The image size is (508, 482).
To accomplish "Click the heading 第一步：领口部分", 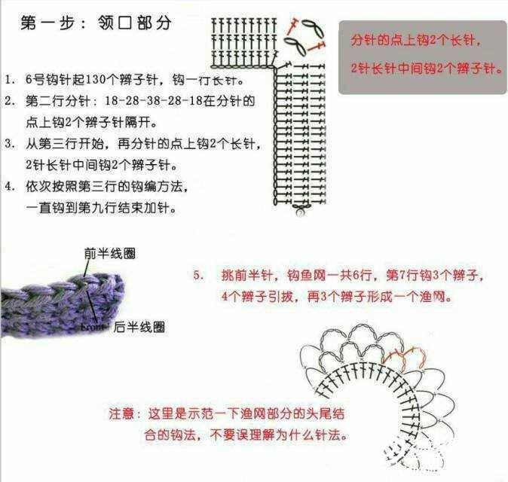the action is (x=96, y=23).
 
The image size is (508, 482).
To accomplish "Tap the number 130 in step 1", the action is (x=96, y=80).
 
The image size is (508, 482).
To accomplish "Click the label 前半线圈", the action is (x=109, y=254).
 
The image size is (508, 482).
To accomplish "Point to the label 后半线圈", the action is (x=139, y=328).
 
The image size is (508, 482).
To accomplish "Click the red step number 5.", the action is (x=198, y=275).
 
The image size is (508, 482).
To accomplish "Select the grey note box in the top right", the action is (x=423, y=58).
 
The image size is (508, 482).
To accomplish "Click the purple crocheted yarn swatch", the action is (x=63, y=305).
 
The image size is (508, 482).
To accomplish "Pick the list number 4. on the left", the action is (x=10, y=186).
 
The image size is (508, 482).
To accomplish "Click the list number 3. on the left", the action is (x=10, y=143).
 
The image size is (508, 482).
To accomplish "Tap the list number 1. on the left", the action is (x=10, y=80).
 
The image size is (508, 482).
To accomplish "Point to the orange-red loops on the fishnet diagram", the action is (x=404, y=357).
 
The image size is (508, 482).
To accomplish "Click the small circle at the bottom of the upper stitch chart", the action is (x=300, y=212).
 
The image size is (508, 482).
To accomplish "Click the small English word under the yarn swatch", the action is (x=93, y=327).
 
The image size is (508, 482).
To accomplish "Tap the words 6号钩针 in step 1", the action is (x=49, y=80).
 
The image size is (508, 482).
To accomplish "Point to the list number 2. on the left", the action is (x=10, y=101).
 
